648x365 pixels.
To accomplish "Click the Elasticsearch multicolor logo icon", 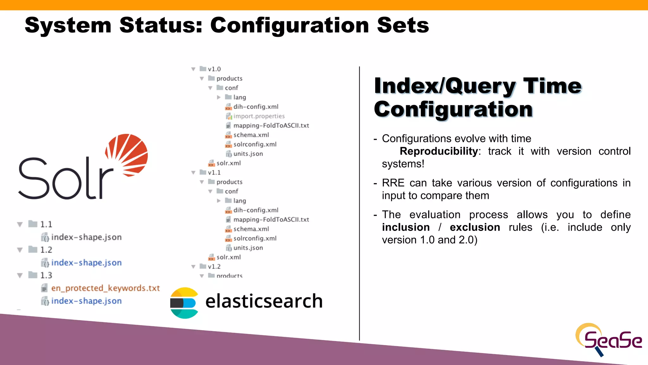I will [x=184, y=303].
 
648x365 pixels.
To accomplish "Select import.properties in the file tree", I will [x=259, y=116].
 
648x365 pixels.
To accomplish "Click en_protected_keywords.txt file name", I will [x=105, y=288].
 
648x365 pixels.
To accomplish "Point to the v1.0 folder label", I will [x=214, y=69].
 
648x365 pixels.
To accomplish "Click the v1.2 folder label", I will [x=214, y=266].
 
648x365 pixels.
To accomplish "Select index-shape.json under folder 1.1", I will [x=86, y=237].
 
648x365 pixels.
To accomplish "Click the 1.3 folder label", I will [x=46, y=275].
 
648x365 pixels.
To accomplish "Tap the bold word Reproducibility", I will [x=439, y=151].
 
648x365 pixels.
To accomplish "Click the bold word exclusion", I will [x=475, y=227].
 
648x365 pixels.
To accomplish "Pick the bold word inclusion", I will [x=406, y=227].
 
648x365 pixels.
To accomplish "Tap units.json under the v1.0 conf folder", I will [x=248, y=154].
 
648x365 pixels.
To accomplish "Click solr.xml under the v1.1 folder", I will [x=228, y=257].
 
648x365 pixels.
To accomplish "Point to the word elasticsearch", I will [x=264, y=301].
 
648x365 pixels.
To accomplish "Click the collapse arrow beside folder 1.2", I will [x=20, y=250].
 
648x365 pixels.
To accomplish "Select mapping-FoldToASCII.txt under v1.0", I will [x=271, y=125].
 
